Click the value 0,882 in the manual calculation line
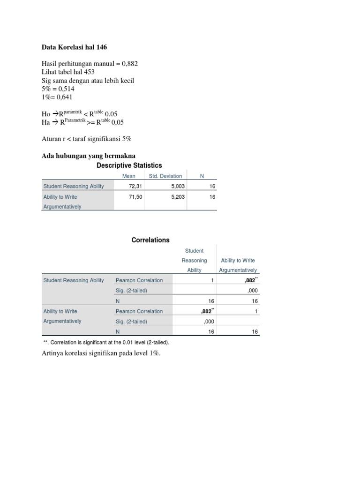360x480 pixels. click(x=130, y=64)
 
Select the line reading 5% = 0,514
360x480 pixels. click(x=58, y=89)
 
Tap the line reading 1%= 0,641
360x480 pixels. click(x=57, y=97)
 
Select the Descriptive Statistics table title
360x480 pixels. click(x=129, y=165)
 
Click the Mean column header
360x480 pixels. click(x=129, y=176)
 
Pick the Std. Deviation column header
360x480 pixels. click(x=165, y=176)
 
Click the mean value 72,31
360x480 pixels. click(x=135, y=186)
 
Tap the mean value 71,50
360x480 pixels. click(x=135, y=197)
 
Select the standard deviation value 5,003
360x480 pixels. click(x=178, y=186)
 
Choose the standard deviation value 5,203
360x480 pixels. click(x=178, y=197)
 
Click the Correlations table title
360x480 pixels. click(x=150, y=240)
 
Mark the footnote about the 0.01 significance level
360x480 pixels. click(x=106, y=343)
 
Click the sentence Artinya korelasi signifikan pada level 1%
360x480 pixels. click(x=101, y=353)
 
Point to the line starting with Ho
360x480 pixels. click(x=80, y=114)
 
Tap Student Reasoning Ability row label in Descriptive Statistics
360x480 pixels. click(x=74, y=186)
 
